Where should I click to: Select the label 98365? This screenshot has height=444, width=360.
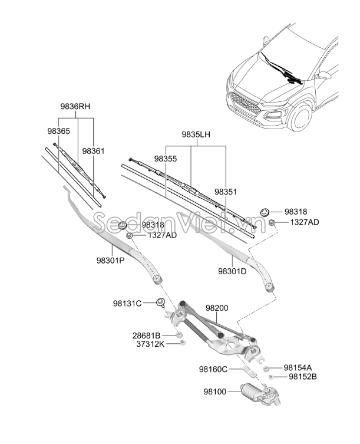[x=59, y=130]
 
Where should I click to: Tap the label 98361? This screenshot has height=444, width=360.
[x=93, y=152]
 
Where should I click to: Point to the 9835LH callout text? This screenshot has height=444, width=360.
[x=196, y=134]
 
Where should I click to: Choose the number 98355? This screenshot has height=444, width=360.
[x=166, y=159]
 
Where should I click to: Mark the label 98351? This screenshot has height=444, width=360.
[x=226, y=192]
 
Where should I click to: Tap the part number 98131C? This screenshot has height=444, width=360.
[x=128, y=304]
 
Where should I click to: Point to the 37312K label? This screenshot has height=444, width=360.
[x=148, y=344]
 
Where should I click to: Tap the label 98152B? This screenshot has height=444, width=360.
[x=302, y=377]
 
